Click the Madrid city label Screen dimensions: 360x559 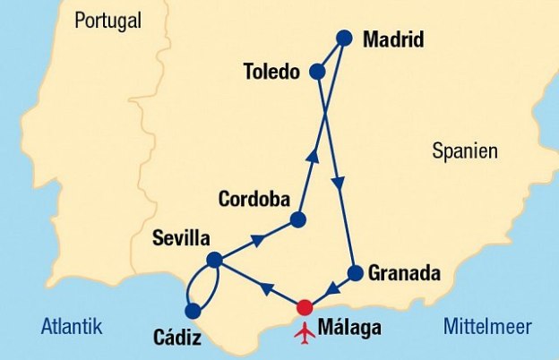tap(392, 40)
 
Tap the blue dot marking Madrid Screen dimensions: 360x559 tap(343, 39)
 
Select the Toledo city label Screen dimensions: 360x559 tap(271, 71)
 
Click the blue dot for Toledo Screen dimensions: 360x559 tap(316, 71)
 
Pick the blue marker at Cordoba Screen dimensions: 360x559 tap(298, 219)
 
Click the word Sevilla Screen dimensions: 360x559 tap(181, 239)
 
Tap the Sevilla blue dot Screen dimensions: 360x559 tap(214, 260)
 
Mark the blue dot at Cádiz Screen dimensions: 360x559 tap(192, 311)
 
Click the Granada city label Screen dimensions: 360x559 tap(405, 273)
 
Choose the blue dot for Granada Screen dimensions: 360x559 tap(355, 273)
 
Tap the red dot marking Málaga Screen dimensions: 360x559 tap(305, 306)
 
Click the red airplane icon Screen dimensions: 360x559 tap(305, 331)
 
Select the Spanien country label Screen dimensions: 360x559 tap(464, 150)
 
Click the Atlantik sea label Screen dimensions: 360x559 tap(72, 326)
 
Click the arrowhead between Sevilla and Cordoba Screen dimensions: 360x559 tap(258, 239)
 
